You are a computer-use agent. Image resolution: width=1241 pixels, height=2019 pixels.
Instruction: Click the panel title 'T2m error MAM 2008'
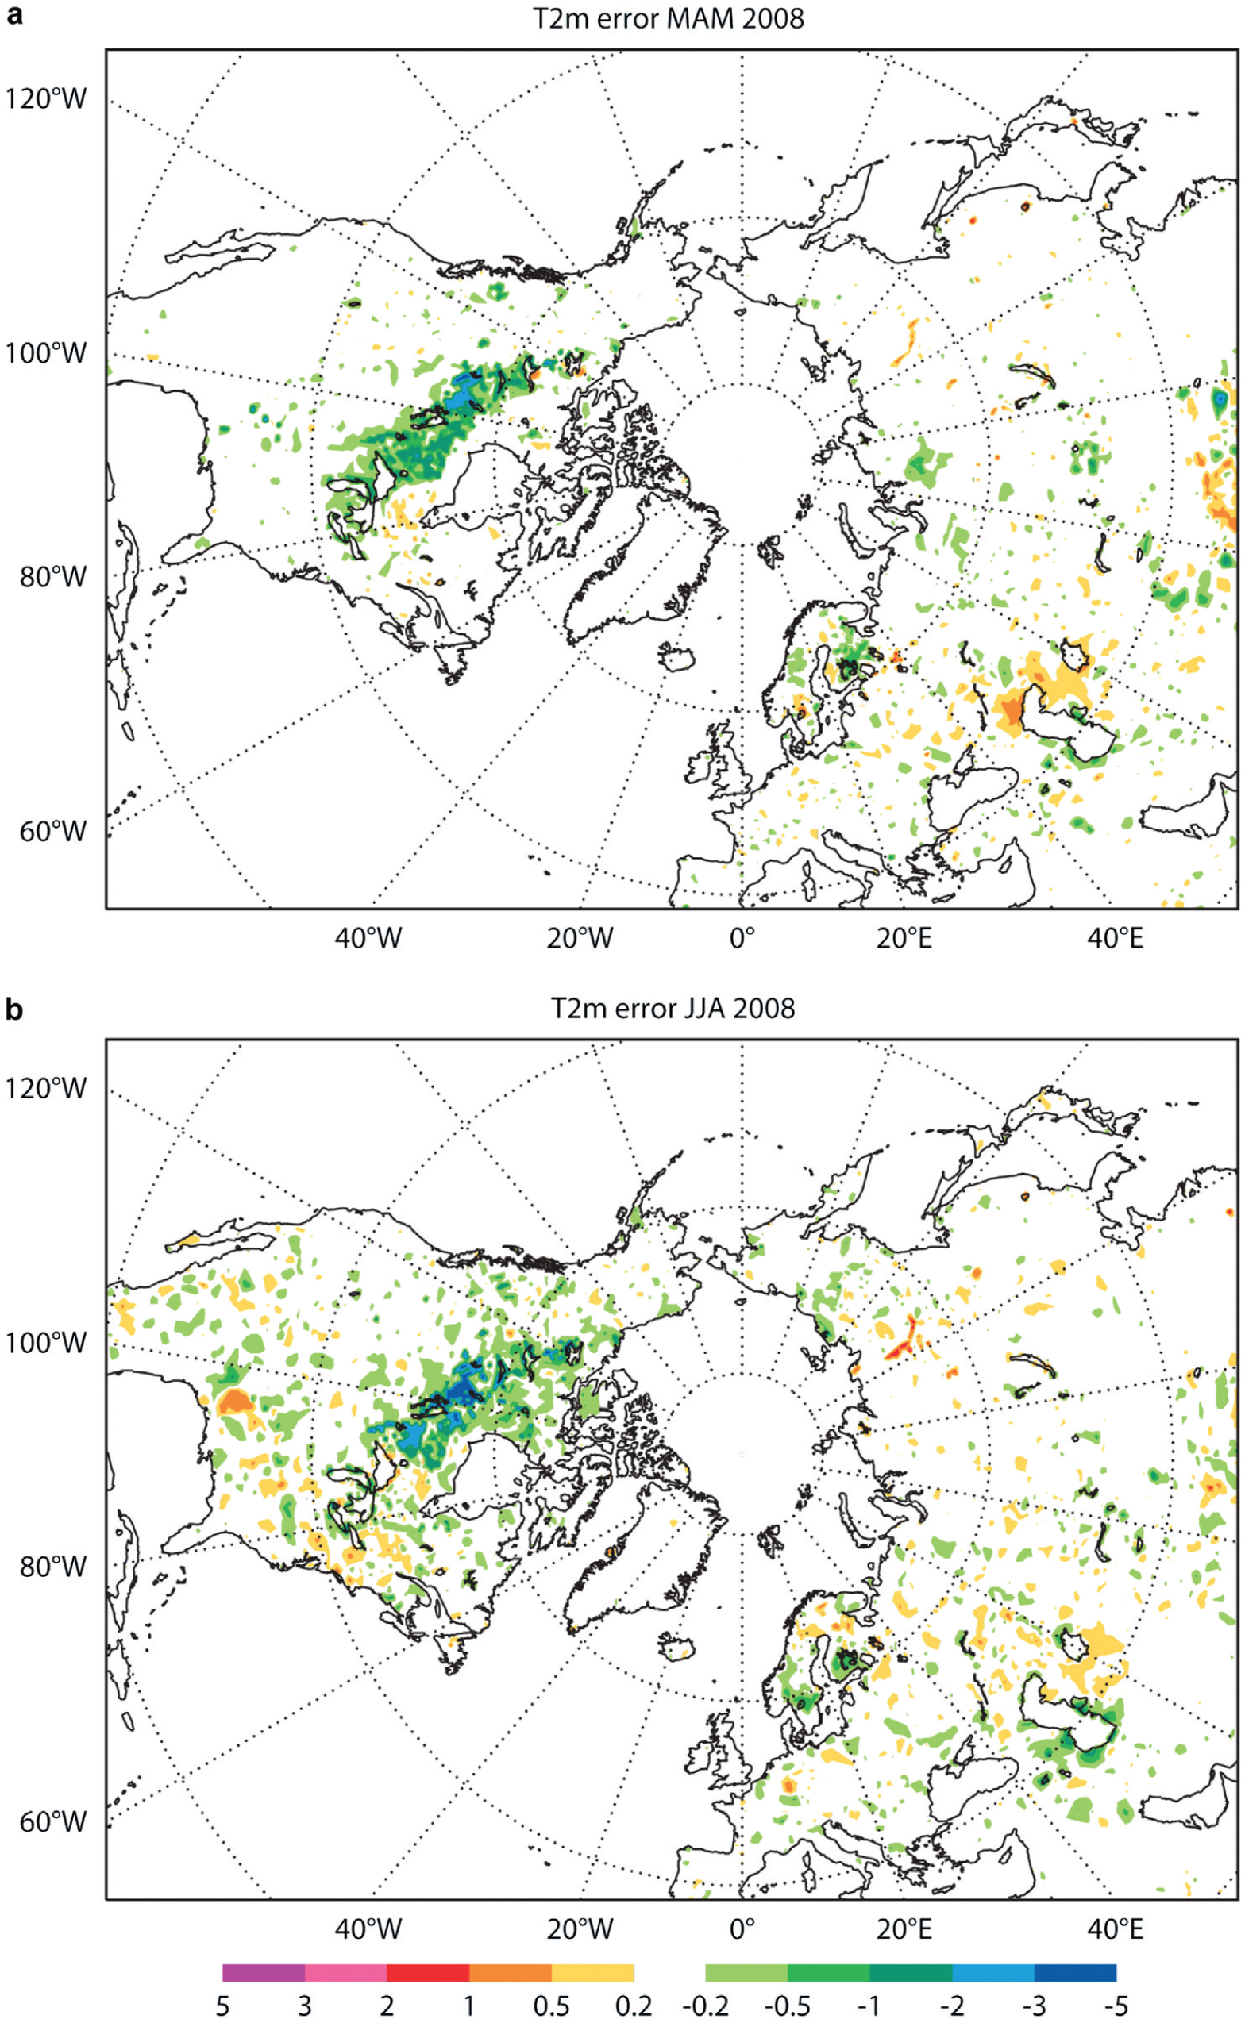click(669, 18)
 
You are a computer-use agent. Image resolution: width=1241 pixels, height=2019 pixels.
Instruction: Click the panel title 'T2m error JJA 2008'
click(673, 1007)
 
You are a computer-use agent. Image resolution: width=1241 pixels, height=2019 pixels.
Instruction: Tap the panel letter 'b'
click(14, 1008)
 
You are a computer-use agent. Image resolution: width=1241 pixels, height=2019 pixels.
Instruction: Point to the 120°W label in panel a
click(46, 99)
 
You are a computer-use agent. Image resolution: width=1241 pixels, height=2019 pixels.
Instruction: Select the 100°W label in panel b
click(46, 1343)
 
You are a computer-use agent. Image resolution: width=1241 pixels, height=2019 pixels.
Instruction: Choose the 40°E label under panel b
click(1116, 1927)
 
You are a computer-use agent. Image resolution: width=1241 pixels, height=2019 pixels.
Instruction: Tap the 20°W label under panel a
click(580, 938)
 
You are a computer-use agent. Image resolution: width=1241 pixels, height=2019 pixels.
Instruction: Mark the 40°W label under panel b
click(368, 1927)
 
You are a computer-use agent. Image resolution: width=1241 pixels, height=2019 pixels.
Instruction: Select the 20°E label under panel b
click(904, 1927)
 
